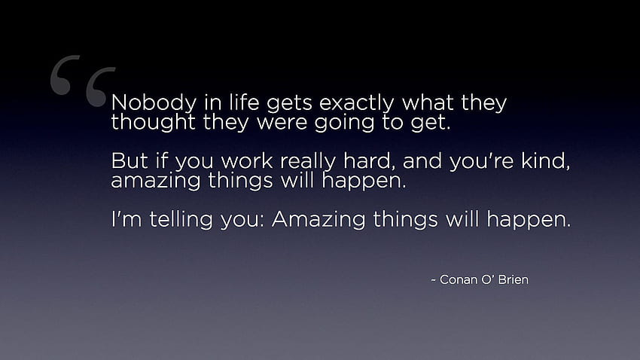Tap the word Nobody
[154, 103]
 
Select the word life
[244, 102]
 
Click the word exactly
[356, 103]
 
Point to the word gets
[289, 103]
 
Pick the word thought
[153, 122]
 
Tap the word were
[282, 123]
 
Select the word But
[130, 160]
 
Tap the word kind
[544, 160]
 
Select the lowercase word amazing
[156, 182]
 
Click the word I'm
[126, 219]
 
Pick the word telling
[181, 220]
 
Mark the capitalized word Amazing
[318, 220]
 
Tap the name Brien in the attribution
[514, 279]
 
